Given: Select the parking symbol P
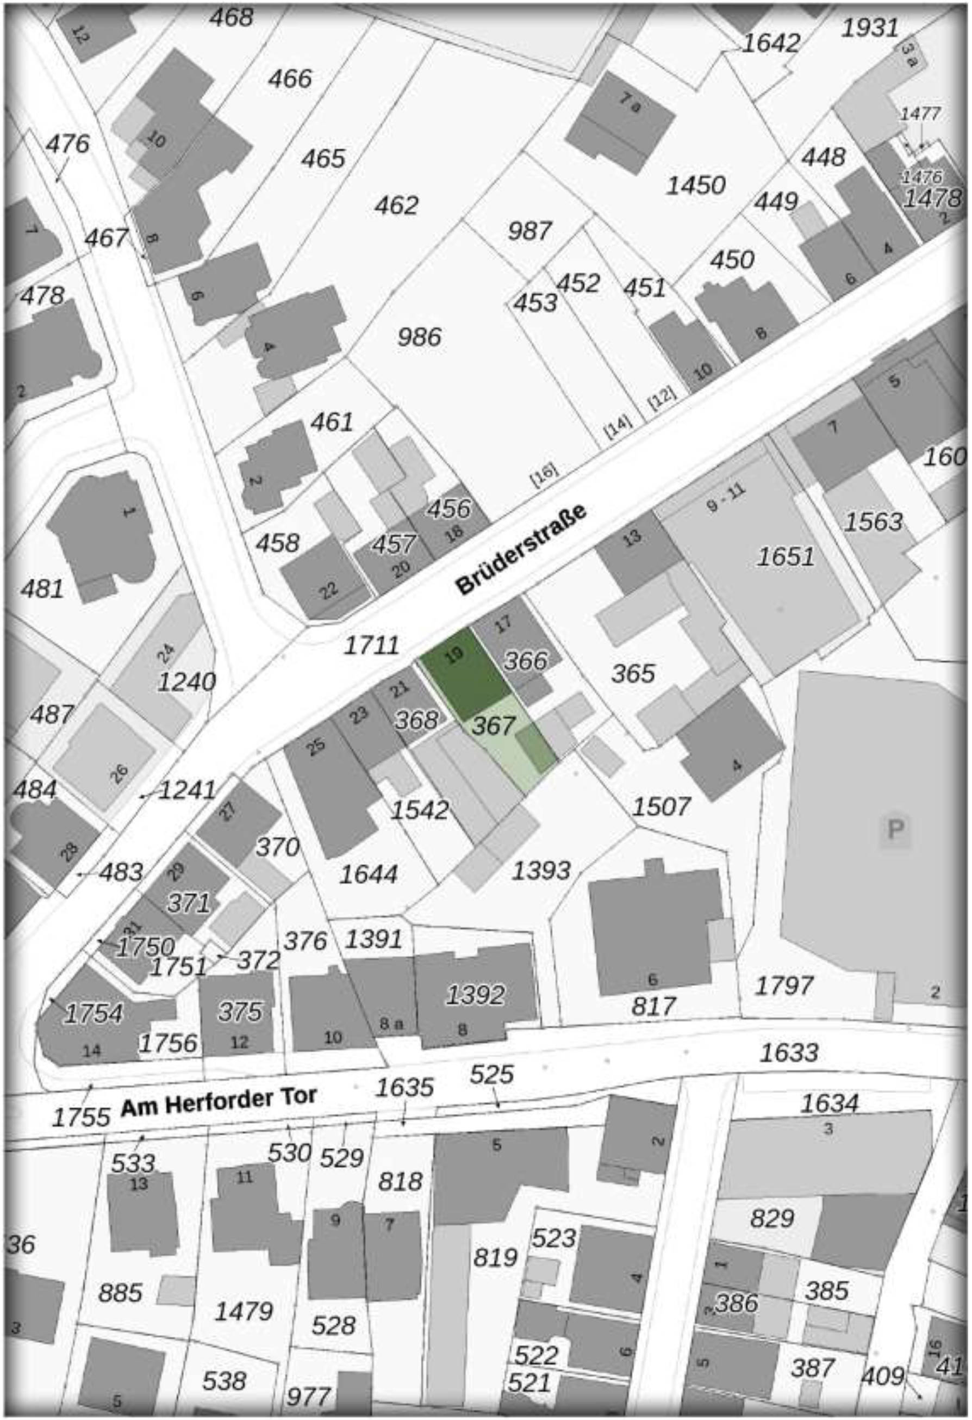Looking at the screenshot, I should point(894,830).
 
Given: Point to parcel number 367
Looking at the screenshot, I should point(493,725).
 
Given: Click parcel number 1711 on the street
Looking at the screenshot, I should point(371,645).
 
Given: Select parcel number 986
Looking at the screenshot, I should point(419,337).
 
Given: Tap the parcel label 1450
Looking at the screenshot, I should point(696,185).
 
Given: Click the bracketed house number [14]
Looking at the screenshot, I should point(617,426).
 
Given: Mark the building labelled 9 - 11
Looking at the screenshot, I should point(726,499).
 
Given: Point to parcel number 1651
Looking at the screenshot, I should point(786,557).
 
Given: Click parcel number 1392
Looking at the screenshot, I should point(475,995).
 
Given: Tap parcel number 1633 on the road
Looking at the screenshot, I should point(789,1052).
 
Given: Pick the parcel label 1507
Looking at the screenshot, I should point(661,807).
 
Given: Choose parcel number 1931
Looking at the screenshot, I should point(870,28).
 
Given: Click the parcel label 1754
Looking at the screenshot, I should point(93,1014).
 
